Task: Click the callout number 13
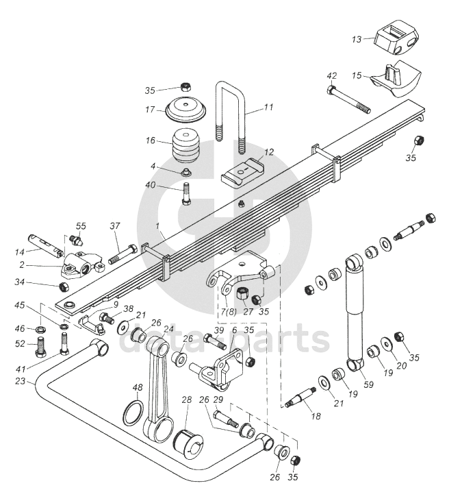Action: [x=356, y=40]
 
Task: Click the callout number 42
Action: [x=332, y=76]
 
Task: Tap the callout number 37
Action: [x=115, y=226]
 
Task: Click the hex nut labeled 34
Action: [x=65, y=286]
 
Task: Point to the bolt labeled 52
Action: [x=40, y=348]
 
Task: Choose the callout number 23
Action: [x=20, y=382]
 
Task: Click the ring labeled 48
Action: [x=133, y=413]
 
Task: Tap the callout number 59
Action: [x=368, y=384]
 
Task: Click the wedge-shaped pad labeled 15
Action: [x=397, y=79]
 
